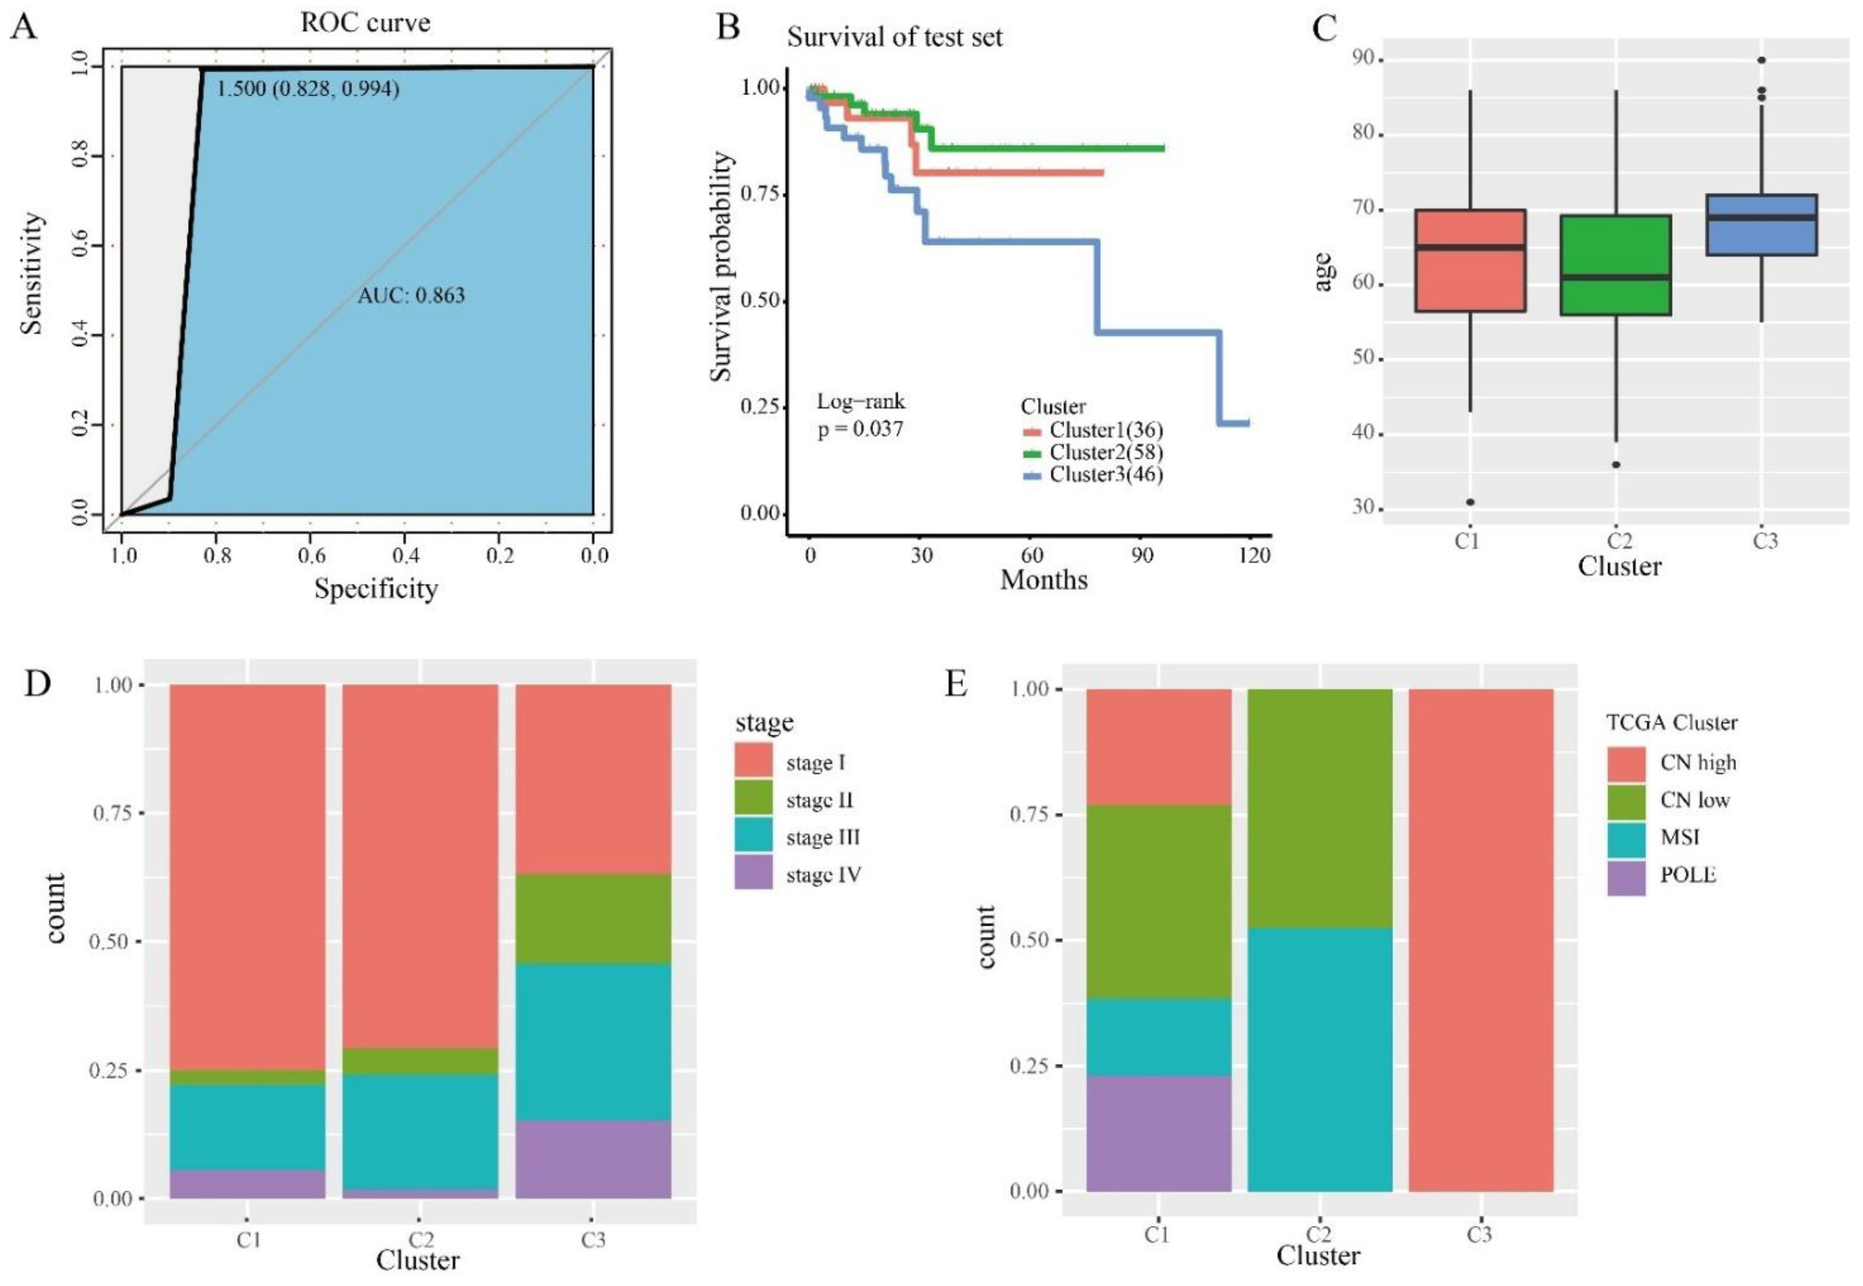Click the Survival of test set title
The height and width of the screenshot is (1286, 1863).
[x=894, y=37]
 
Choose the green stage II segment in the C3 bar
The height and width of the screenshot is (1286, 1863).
[x=593, y=919]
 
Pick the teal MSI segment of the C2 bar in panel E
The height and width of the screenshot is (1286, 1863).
[x=1319, y=1060]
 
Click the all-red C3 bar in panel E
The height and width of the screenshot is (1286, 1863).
[x=1480, y=939]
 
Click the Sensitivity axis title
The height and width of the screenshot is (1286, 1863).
[x=32, y=274]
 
